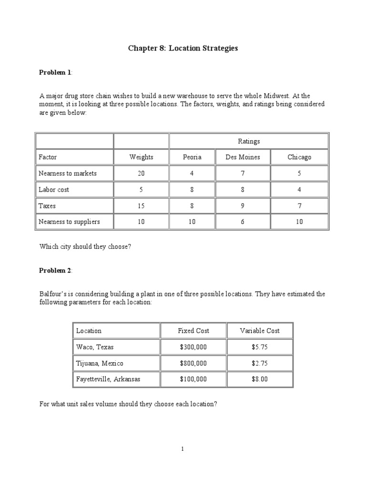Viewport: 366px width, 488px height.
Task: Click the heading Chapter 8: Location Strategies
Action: [x=183, y=49]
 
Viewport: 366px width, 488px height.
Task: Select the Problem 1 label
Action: [x=55, y=72]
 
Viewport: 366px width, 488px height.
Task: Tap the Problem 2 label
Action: [x=55, y=271]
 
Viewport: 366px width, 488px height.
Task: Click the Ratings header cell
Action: [x=249, y=141]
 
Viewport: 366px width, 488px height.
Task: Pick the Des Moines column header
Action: [x=243, y=157]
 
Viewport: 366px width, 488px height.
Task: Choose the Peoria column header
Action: [x=192, y=157]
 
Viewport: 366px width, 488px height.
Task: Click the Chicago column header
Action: [x=299, y=157]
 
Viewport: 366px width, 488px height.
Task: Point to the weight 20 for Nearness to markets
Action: [x=141, y=173]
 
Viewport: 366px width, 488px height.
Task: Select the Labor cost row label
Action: [x=54, y=190]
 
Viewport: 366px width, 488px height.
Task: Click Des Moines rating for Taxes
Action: [x=243, y=206]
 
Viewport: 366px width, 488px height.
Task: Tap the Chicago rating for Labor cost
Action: [x=299, y=190]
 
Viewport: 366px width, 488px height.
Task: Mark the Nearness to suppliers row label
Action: [x=69, y=222]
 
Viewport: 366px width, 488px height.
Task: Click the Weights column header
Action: [x=141, y=157]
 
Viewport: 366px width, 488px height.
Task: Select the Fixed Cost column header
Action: [x=193, y=331]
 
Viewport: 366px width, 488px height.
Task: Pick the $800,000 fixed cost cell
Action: [x=193, y=363]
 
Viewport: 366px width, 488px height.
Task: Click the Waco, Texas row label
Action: [x=95, y=347]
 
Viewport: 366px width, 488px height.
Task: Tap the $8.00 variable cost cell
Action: [x=260, y=379]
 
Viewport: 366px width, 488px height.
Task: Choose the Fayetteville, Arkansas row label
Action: [x=108, y=379]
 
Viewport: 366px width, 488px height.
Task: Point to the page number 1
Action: [x=183, y=448]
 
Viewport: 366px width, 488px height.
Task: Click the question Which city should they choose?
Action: [x=85, y=247]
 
